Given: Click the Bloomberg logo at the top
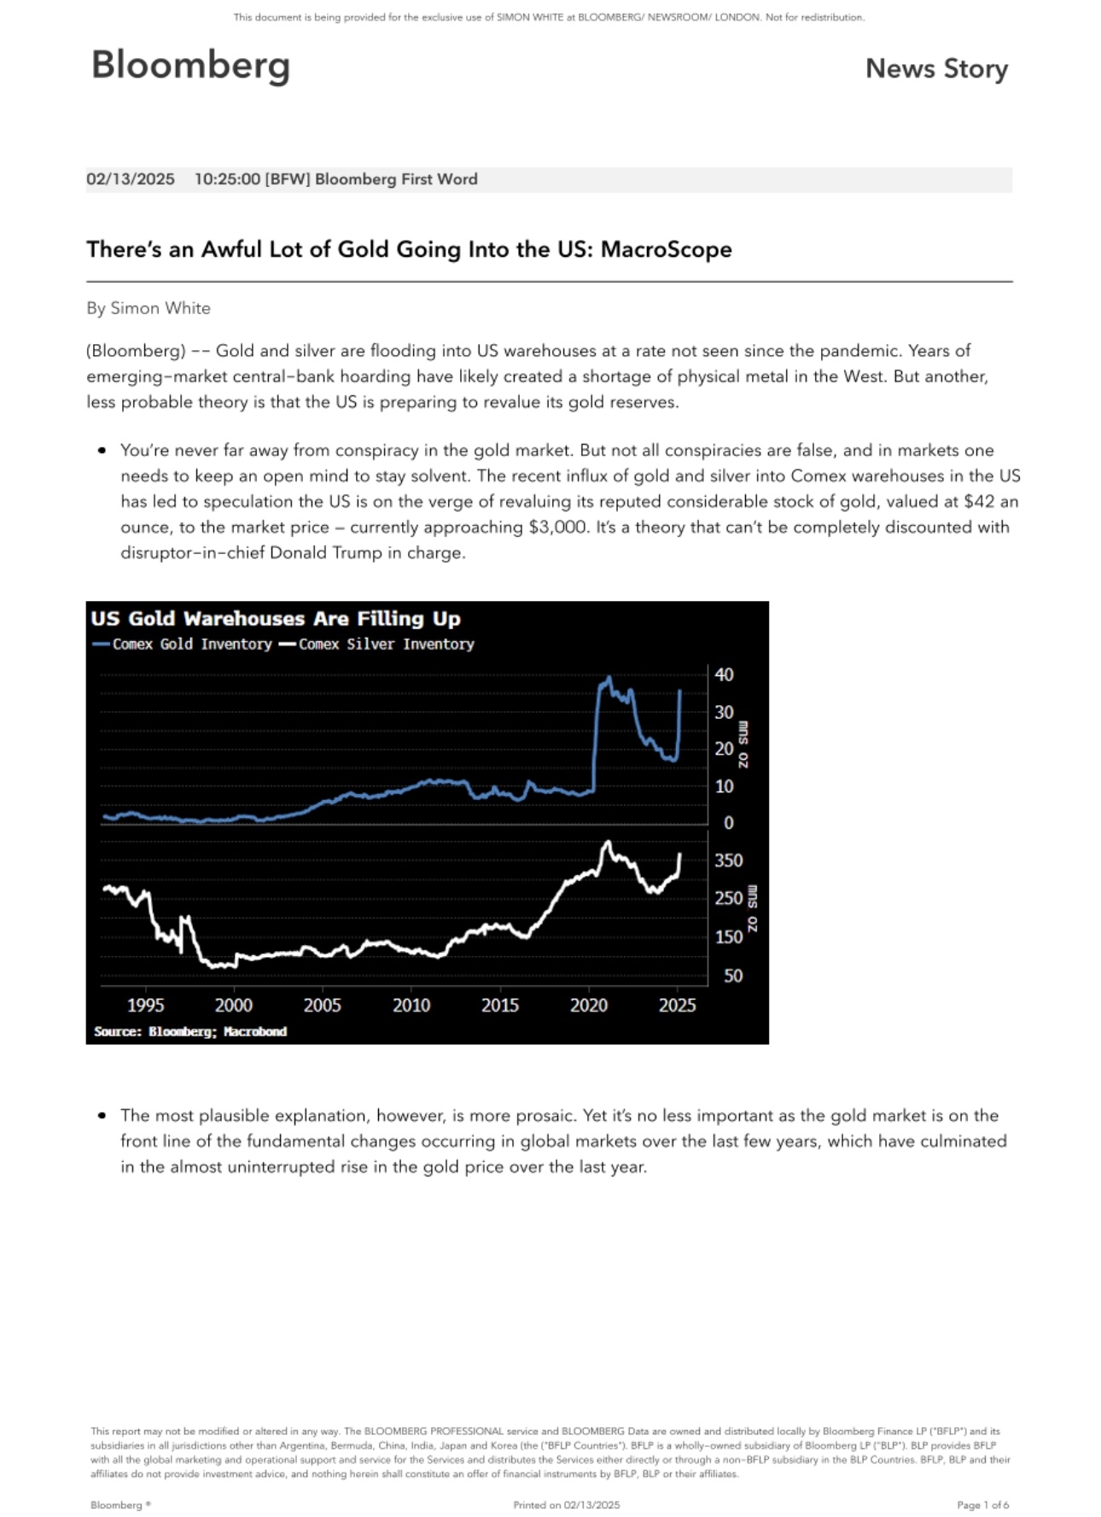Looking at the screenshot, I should pos(190,66).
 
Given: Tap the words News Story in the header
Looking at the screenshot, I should pos(936,68).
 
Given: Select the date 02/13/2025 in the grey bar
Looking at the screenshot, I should pos(131,179).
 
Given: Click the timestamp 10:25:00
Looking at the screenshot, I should pos(227,179).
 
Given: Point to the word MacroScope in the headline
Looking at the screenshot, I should pos(666,249).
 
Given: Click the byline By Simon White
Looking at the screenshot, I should pos(149,308).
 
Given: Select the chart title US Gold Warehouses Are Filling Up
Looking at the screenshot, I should pos(276,618).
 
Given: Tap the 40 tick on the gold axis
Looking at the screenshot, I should pos(724,674).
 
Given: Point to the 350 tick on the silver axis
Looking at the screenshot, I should pos(728,861).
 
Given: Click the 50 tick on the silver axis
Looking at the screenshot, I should pos(732,975).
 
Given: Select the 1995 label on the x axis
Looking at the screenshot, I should pos(145,1005).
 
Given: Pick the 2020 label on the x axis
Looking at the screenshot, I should pos(588,1005).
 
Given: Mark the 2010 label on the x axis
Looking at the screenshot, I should pos(411,1005).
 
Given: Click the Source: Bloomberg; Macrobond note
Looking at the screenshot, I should pos(190,1031).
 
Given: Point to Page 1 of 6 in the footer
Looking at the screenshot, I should pos(982,1504).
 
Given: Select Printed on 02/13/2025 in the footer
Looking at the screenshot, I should pos(566,1504).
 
